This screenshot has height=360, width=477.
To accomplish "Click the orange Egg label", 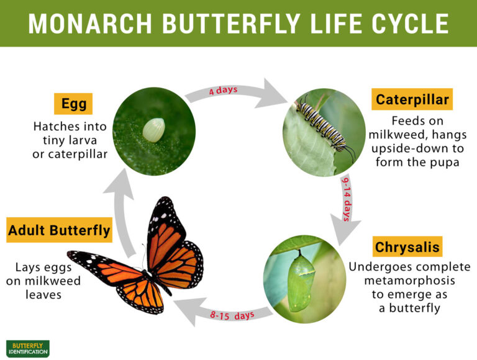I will (73, 103).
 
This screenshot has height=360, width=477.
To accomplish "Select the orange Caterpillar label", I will (412, 99).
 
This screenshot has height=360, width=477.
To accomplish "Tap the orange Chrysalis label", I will (407, 247).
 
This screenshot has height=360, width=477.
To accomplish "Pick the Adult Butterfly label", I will (59, 231).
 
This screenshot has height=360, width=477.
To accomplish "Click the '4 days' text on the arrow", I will (223, 90).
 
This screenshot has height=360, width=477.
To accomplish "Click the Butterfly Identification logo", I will (27, 348).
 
